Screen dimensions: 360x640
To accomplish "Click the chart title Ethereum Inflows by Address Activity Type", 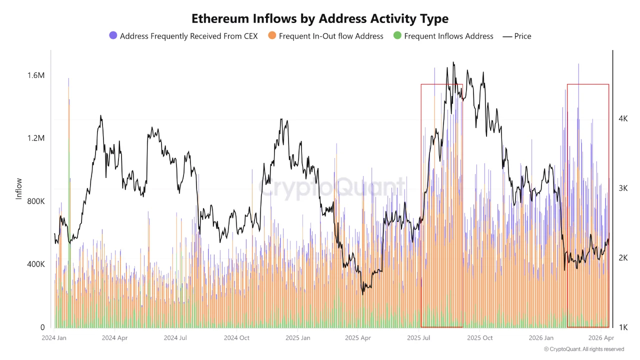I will coord(320,18).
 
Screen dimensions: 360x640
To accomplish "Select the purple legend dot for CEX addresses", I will coord(113,36).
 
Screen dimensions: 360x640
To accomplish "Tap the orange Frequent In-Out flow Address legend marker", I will coord(272,36).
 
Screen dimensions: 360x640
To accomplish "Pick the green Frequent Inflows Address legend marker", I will coord(397,36).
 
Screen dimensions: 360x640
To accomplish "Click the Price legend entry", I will coord(517,36).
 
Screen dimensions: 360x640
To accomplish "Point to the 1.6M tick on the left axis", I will coord(36,75).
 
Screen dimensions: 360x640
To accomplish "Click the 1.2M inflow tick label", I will coord(36,138).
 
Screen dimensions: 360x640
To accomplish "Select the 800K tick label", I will coord(36,201).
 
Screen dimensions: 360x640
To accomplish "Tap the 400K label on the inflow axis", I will coord(36,264).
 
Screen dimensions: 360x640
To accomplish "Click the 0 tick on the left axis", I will coord(42,327).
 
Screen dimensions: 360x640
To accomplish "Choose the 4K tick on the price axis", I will coord(623,118).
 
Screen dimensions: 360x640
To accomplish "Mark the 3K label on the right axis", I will coord(623,188).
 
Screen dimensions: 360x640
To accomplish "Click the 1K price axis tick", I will coord(623,327).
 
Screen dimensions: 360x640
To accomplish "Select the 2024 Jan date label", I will coord(55,338).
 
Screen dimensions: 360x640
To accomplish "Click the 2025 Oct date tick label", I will coord(480,338).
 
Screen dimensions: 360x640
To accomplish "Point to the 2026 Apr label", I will coord(601,338).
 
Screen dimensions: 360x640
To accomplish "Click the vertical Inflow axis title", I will coord(19,188).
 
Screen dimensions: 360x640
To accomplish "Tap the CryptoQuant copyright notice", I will coord(584,349).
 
